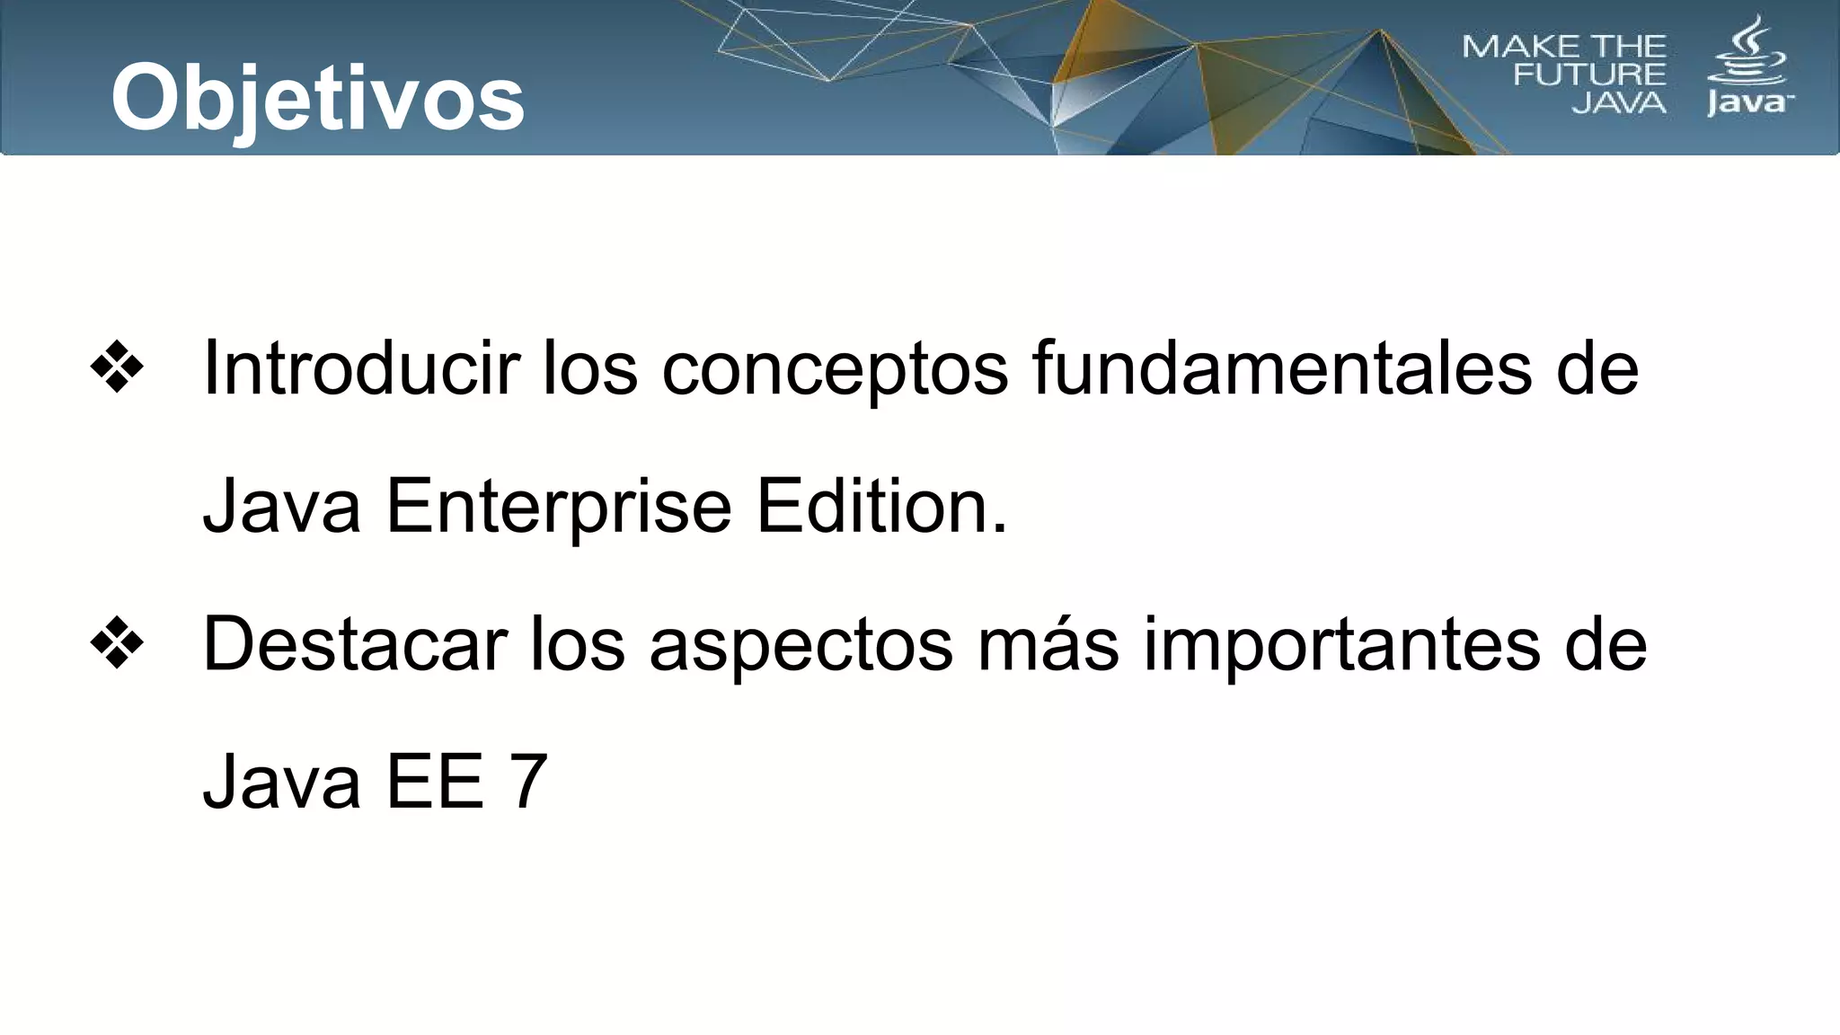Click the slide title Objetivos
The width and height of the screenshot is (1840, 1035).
[317, 98]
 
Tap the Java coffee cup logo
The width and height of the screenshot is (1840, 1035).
[1748, 67]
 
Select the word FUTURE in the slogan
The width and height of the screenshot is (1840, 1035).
[1589, 75]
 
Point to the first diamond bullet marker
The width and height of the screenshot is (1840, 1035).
[117, 367]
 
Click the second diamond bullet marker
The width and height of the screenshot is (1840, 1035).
[117, 643]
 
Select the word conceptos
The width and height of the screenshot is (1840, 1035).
[835, 369]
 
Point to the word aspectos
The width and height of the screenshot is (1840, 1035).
[801, 645]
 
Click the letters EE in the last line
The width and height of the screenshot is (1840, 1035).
[435, 782]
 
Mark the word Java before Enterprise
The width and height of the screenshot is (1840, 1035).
[281, 506]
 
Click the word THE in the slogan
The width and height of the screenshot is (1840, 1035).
[1629, 47]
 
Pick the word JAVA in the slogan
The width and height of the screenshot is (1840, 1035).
[1619, 103]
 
